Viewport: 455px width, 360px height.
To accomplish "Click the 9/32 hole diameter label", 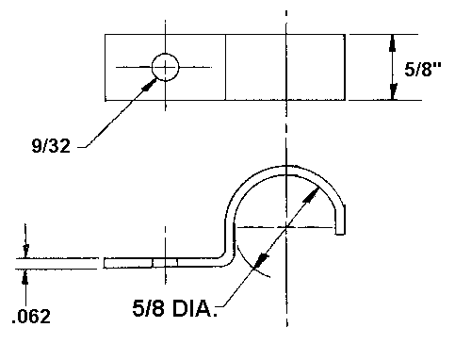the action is coord(51,146).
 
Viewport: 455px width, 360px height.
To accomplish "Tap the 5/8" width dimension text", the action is coord(423,69).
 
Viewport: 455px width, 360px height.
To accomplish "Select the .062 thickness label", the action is coord(31,316).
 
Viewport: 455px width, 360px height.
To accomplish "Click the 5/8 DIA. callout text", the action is coord(174,308).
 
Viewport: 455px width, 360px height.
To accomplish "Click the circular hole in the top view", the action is coord(166,67).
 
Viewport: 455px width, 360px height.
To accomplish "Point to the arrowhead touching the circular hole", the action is coord(150,85).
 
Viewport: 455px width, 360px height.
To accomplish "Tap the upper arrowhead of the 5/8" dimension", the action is coord(393,43).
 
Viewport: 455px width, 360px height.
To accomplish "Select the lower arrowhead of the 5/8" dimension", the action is coord(393,91).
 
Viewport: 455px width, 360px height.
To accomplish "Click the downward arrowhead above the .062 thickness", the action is coord(25,251).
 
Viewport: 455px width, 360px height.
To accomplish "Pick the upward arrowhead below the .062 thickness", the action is coord(25,277).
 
